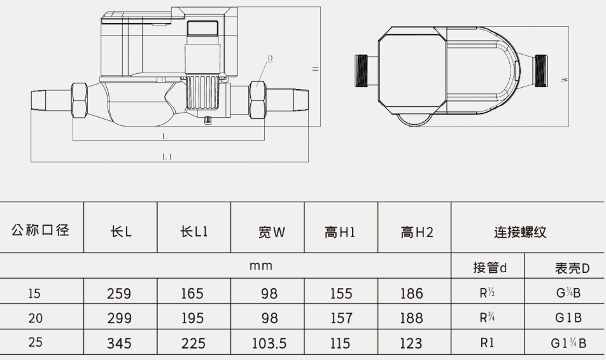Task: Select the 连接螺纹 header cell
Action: point(520,233)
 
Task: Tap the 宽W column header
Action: point(267,233)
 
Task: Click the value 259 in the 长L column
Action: point(120,294)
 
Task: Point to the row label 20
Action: point(36,317)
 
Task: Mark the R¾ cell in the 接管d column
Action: point(488,318)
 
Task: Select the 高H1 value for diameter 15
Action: point(341,294)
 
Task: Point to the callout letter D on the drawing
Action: point(270,58)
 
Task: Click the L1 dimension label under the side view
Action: point(167,155)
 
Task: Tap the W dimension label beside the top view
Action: point(565,80)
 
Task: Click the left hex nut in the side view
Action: point(80,100)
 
